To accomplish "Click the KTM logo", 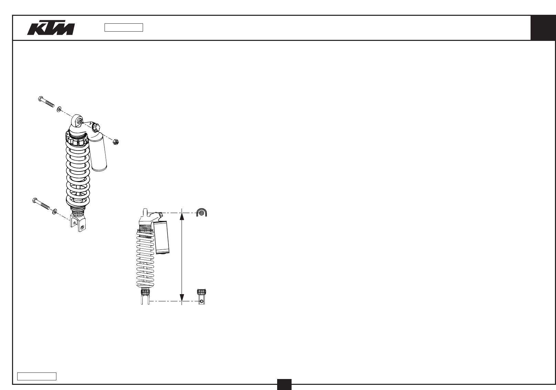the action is point(51,29).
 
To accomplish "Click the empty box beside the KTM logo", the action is point(124,27).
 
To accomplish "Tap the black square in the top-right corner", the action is point(543,28).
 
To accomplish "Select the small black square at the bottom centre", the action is point(284,384).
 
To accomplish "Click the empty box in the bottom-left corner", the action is point(37,376).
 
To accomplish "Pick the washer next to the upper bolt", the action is point(59,109).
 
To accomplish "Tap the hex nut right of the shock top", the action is point(116,142).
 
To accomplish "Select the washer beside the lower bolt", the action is point(55,211).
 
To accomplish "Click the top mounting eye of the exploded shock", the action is point(77,120).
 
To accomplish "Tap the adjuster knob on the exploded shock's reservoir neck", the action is point(96,127).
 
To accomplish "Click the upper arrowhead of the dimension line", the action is point(182,217).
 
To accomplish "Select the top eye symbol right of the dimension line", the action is point(201,213).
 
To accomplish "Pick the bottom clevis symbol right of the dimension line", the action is point(202,298).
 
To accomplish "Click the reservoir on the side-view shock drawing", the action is point(162,237).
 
